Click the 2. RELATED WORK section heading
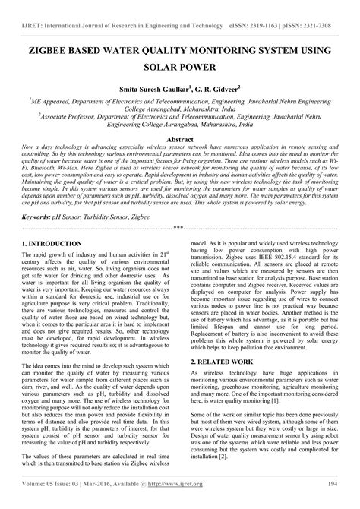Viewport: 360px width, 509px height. coord(225,362)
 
